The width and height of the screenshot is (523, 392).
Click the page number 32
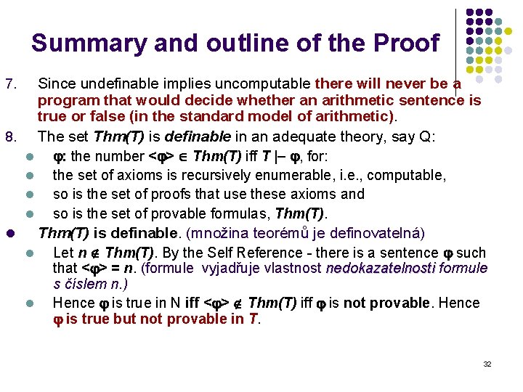point(487,364)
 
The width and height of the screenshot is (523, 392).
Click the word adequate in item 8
point(314,137)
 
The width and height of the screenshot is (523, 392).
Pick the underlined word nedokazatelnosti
point(380,269)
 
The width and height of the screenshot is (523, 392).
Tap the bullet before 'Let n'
point(30,253)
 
